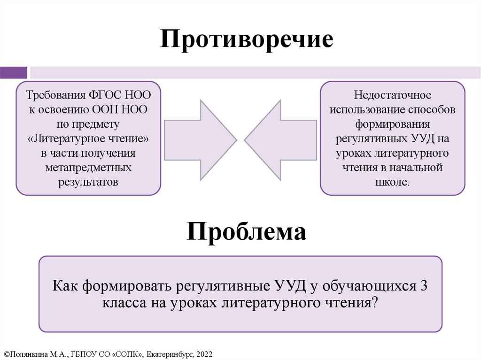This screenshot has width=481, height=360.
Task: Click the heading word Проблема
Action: (x=247, y=231)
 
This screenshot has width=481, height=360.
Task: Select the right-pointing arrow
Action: (x=200, y=139)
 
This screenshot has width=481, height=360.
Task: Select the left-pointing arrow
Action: (x=280, y=139)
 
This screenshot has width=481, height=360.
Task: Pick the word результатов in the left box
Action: (x=88, y=182)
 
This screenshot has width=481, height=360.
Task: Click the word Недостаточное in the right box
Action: (x=393, y=96)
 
